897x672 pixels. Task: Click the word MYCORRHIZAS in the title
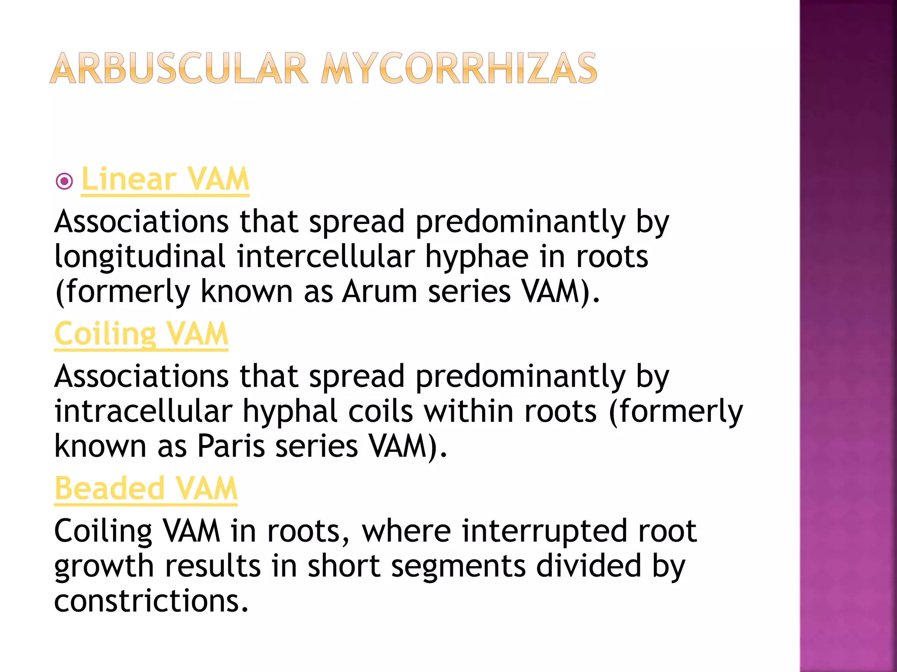[459, 69]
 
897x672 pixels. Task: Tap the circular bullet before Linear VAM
[64, 181]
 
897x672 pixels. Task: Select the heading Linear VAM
[165, 179]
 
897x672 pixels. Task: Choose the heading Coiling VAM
[141, 334]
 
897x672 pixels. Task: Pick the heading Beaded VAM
[146, 488]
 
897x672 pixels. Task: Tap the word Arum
[379, 291]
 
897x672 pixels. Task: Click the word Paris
[231, 446]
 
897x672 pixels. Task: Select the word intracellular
[143, 411]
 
